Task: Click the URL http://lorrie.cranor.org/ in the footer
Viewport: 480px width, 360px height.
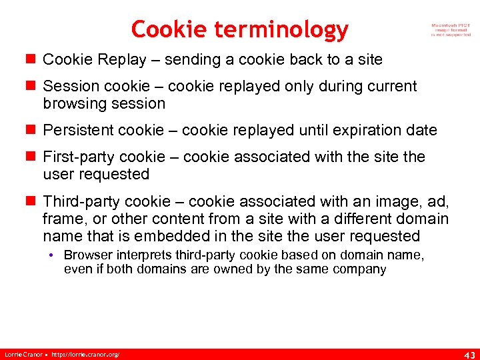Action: point(86,353)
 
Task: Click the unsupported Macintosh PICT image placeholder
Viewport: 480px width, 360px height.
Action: point(451,30)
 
